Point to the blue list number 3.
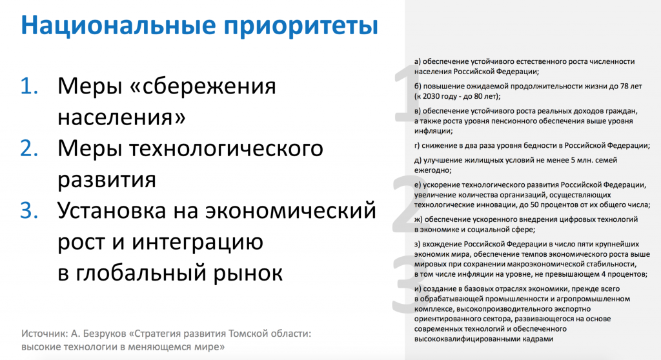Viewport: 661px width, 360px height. pos(30,211)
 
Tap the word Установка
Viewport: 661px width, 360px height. pos(121,211)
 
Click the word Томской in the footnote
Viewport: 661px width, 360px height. pos(246,334)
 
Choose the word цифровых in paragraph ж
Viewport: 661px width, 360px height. pos(573,219)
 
